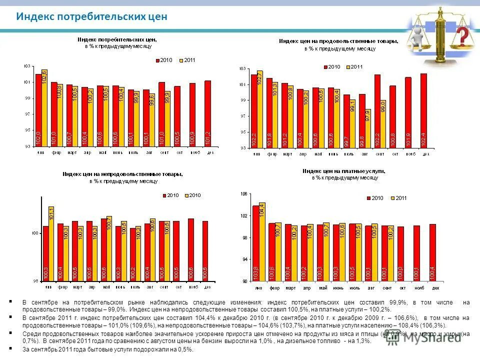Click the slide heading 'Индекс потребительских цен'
pyautogui.click(x=91, y=17)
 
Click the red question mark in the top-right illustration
pyautogui.click(x=463, y=36)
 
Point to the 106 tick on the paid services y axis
pyautogui.click(x=244, y=193)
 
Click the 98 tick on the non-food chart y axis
pyautogui.click(x=36, y=281)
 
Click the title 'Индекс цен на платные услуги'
pyautogui.click(x=343, y=171)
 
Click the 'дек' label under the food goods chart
pyautogui.click(x=426, y=154)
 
